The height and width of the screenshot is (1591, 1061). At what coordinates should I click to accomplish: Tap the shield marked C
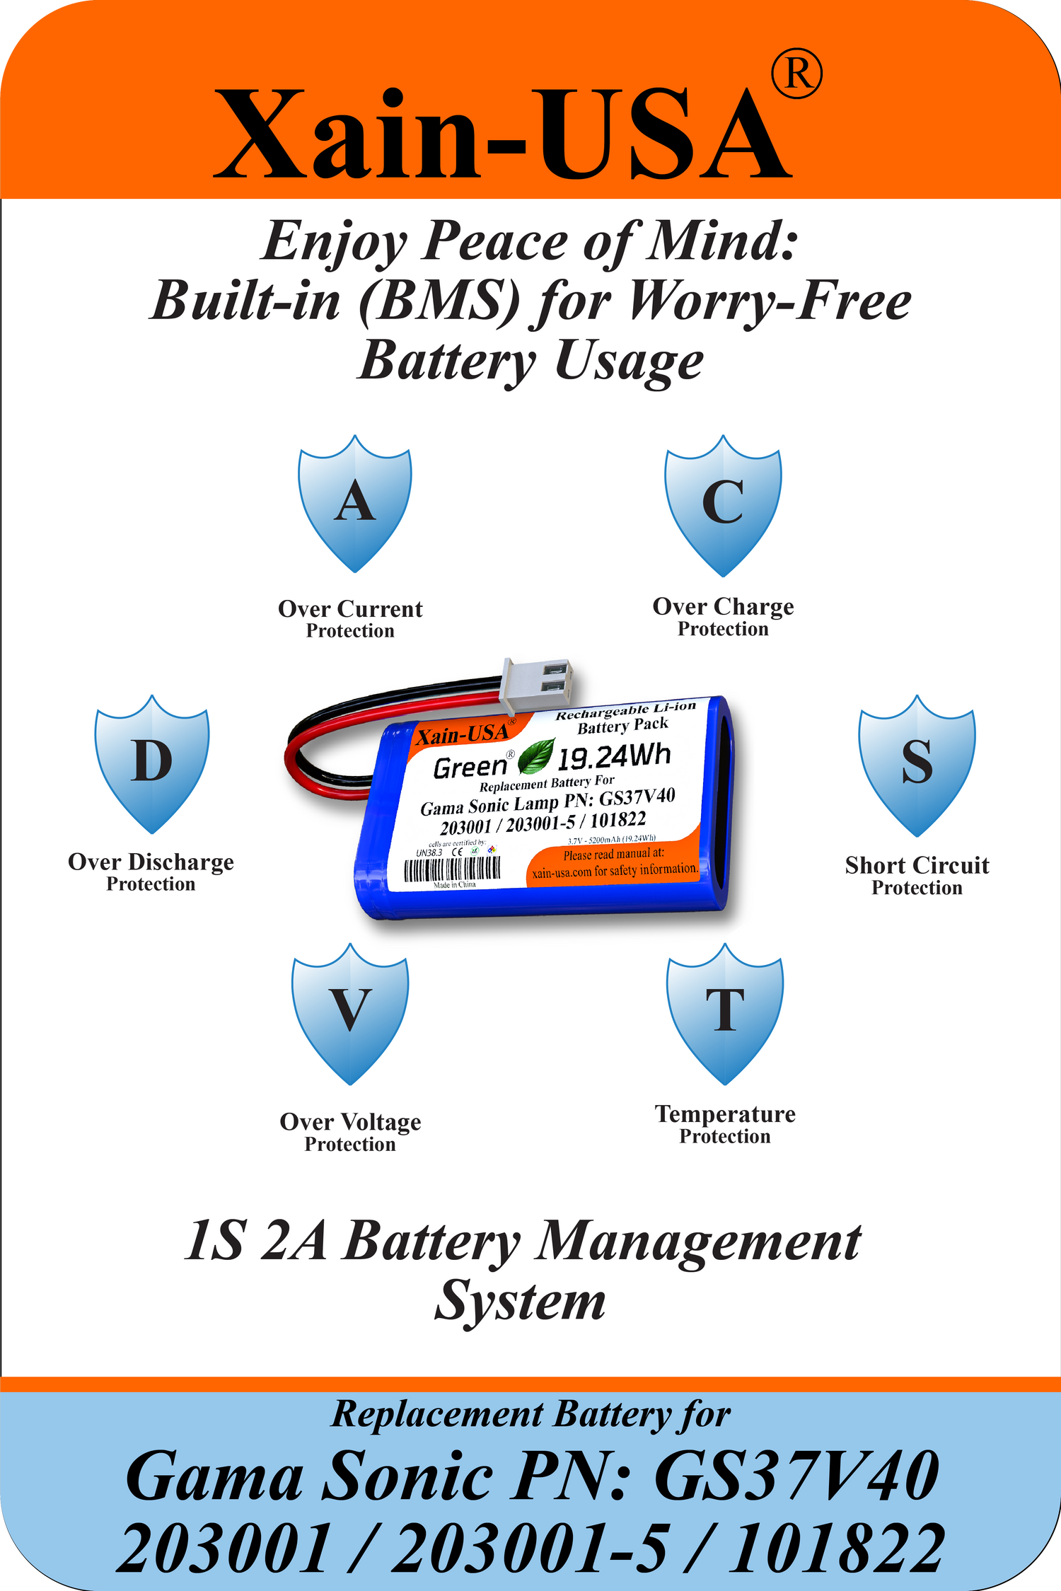coord(723,505)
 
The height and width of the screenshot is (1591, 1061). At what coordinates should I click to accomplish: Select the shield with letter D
coord(151,763)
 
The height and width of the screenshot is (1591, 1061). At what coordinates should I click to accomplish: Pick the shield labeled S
coord(917,765)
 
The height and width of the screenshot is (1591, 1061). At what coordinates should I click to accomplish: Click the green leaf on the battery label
coord(535,756)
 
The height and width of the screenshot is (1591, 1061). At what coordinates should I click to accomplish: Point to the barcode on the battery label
coord(453,868)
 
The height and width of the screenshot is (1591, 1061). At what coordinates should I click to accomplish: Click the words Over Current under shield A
coord(350,609)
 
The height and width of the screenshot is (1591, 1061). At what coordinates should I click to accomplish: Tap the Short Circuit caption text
coord(917,865)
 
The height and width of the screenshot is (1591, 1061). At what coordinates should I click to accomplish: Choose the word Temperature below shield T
coord(725,1114)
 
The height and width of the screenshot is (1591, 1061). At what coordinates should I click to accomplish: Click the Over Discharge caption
coord(151,862)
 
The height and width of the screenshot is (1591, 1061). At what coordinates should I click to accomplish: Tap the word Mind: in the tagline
coord(723,241)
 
